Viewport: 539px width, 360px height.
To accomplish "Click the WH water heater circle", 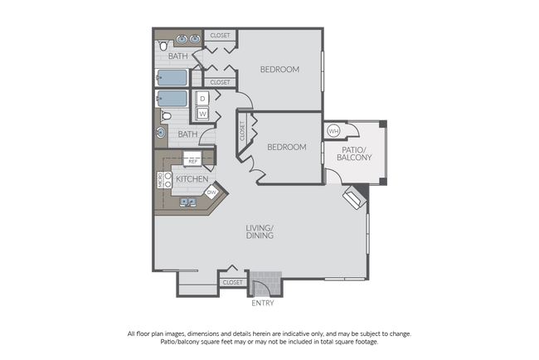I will tap(333, 131).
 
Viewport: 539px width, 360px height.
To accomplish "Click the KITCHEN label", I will tap(191, 178).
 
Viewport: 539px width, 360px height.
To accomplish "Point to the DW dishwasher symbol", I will tap(211, 192).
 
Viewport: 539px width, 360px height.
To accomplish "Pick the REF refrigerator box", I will tap(192, 160).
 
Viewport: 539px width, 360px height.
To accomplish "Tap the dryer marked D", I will tap(202, 99).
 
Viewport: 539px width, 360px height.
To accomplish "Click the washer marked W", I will tap(202, 114).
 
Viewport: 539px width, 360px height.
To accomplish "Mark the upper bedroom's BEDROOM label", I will tap(279, 69).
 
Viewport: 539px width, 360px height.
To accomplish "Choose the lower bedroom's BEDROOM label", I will tap(286, 147).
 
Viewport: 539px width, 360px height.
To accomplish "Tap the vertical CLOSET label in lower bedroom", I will tap(244, 132).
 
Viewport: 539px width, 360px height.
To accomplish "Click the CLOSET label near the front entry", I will tap(233, 282).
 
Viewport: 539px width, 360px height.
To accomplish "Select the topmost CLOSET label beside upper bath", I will tap(220, 36).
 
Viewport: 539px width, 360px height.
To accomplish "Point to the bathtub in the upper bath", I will tap(172, 79).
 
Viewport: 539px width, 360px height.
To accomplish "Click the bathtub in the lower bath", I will tap(172, 99).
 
